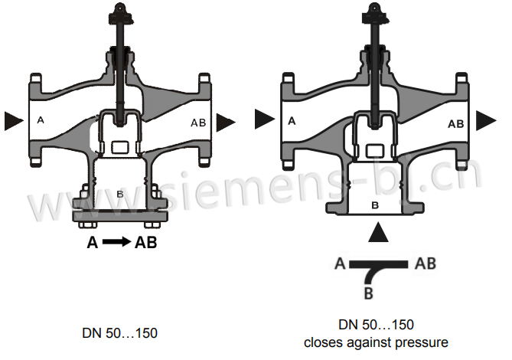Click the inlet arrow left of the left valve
tap(13, 120)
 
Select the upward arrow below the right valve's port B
tap(374, 232)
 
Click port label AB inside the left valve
tap(197, 122)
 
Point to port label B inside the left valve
tap(119, 195)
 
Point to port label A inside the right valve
tap(291, 120)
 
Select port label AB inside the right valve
tap(455, 123)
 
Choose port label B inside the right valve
tap(374, 205)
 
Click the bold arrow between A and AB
tap(116, 244)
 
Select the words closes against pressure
tap(376, 342)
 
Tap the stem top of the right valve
tap(374, 9)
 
